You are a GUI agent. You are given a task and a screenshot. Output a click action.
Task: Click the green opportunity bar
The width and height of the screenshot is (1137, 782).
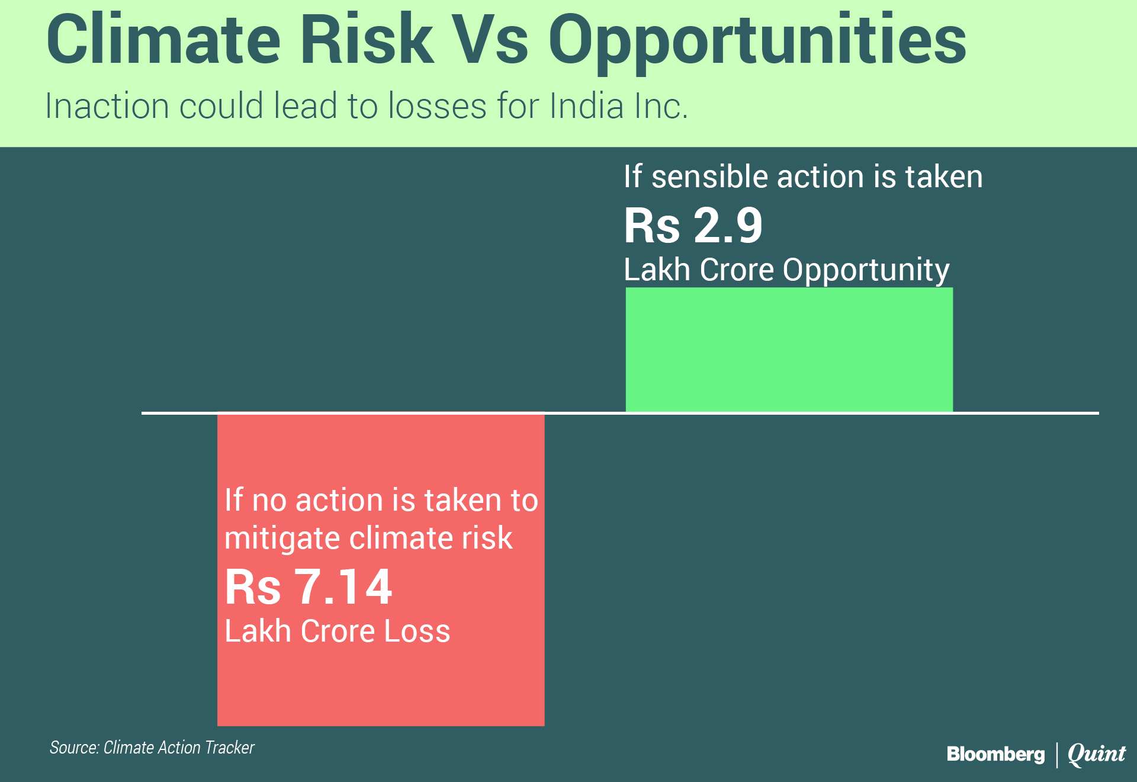(x=789, y=350)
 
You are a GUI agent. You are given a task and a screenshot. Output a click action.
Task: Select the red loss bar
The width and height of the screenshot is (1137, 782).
(x=381, y=569)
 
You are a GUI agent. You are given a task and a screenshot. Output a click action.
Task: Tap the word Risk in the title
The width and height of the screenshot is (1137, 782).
(x=367, y=39)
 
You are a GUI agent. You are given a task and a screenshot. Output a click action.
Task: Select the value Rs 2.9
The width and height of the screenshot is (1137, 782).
(x=693, y=225)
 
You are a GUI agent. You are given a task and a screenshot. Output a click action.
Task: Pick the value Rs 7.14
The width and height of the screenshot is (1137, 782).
(x=309, y=587)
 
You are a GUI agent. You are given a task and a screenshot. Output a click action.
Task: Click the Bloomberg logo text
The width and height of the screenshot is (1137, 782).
(x=995, y=755)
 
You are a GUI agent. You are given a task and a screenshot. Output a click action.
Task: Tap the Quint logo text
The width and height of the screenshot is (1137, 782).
(x=1097, y=754)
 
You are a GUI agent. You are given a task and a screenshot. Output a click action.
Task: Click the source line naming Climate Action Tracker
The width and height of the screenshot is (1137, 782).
(x=152, y=748)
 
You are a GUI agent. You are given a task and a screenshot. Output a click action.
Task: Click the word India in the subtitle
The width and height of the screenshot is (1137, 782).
(x=587, y=107)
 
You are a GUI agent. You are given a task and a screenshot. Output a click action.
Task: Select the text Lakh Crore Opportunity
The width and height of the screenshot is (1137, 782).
(x=787, y=271)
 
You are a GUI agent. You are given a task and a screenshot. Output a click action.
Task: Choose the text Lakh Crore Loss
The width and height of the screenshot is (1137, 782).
(x=338, y=631)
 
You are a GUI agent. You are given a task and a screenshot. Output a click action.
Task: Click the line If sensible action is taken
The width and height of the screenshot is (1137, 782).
(x=804, y=177)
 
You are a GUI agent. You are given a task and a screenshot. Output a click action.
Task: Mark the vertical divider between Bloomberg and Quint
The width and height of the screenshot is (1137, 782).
(x=1056, y=755)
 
